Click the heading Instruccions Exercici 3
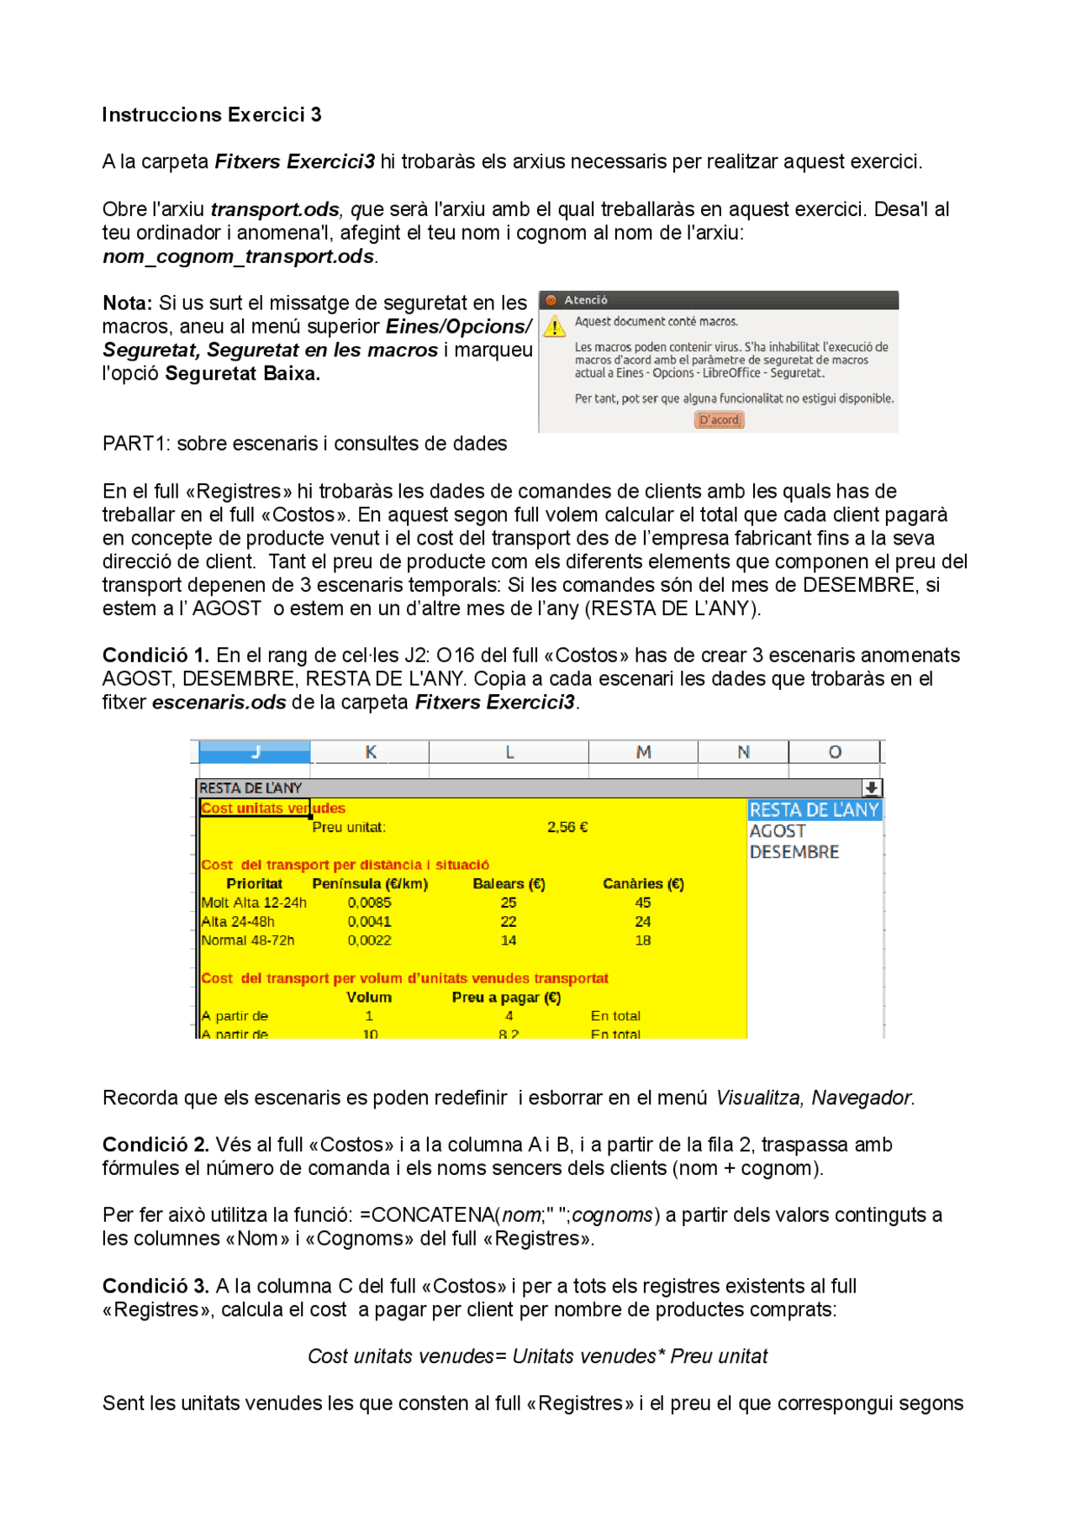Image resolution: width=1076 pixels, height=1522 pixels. pyautogui.click(x=211, y=115)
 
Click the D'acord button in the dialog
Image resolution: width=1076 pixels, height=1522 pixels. pyautogui.click(x=719, y=420)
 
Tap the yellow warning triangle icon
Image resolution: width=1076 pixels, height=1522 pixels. pyautogui.click(x=554, y=326)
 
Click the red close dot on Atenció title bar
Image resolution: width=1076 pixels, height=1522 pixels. pyautogui.click(x=551, y=300)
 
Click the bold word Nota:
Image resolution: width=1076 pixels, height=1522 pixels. pyautogui.click(x=127, y=303)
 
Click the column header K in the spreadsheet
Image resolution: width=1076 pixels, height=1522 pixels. pyautogui.click(x=370, y=752)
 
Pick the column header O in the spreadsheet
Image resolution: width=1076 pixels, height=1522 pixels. pyautogui.click(x=834, y=752)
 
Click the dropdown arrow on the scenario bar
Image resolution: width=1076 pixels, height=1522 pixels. pyautogui.click(x=872, y=788)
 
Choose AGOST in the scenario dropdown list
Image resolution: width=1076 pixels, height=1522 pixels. pyautogui.click(x=778, y=831)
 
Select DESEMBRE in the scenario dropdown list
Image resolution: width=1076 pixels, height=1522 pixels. pyautogui.click(x=794, y=852)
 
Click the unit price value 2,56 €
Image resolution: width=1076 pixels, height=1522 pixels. pyautogui.click(x=567, y=828)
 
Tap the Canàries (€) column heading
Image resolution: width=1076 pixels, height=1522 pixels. pyautogui.click(x=643, y=884)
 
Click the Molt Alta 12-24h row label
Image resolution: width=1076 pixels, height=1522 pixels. pyautogui.click(x=254, y=903)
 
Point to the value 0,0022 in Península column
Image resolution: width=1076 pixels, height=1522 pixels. pyautogui.click(x=369, y=940)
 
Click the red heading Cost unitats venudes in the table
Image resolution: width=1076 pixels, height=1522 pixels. pyautogui.click(x=272, y=808)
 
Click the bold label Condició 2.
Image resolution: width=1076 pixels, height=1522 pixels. pyautogui.click(x=156, y=1145)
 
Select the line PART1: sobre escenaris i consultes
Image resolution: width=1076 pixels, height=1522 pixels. pyautogui.click(x=304, y=444)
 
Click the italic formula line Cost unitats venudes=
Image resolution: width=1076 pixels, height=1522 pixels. pyautogui.click(x=537, y=1356)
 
